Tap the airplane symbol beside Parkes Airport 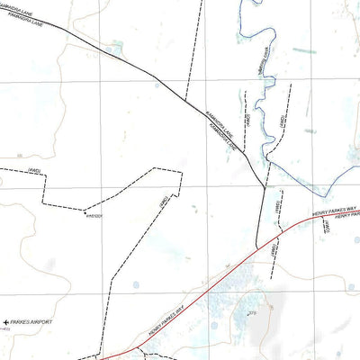pyautogui.click(x=7, y=321)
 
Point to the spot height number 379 pyautogui.click(x=253, y=312)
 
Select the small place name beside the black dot pyautogui.click(x=94, y=216)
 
